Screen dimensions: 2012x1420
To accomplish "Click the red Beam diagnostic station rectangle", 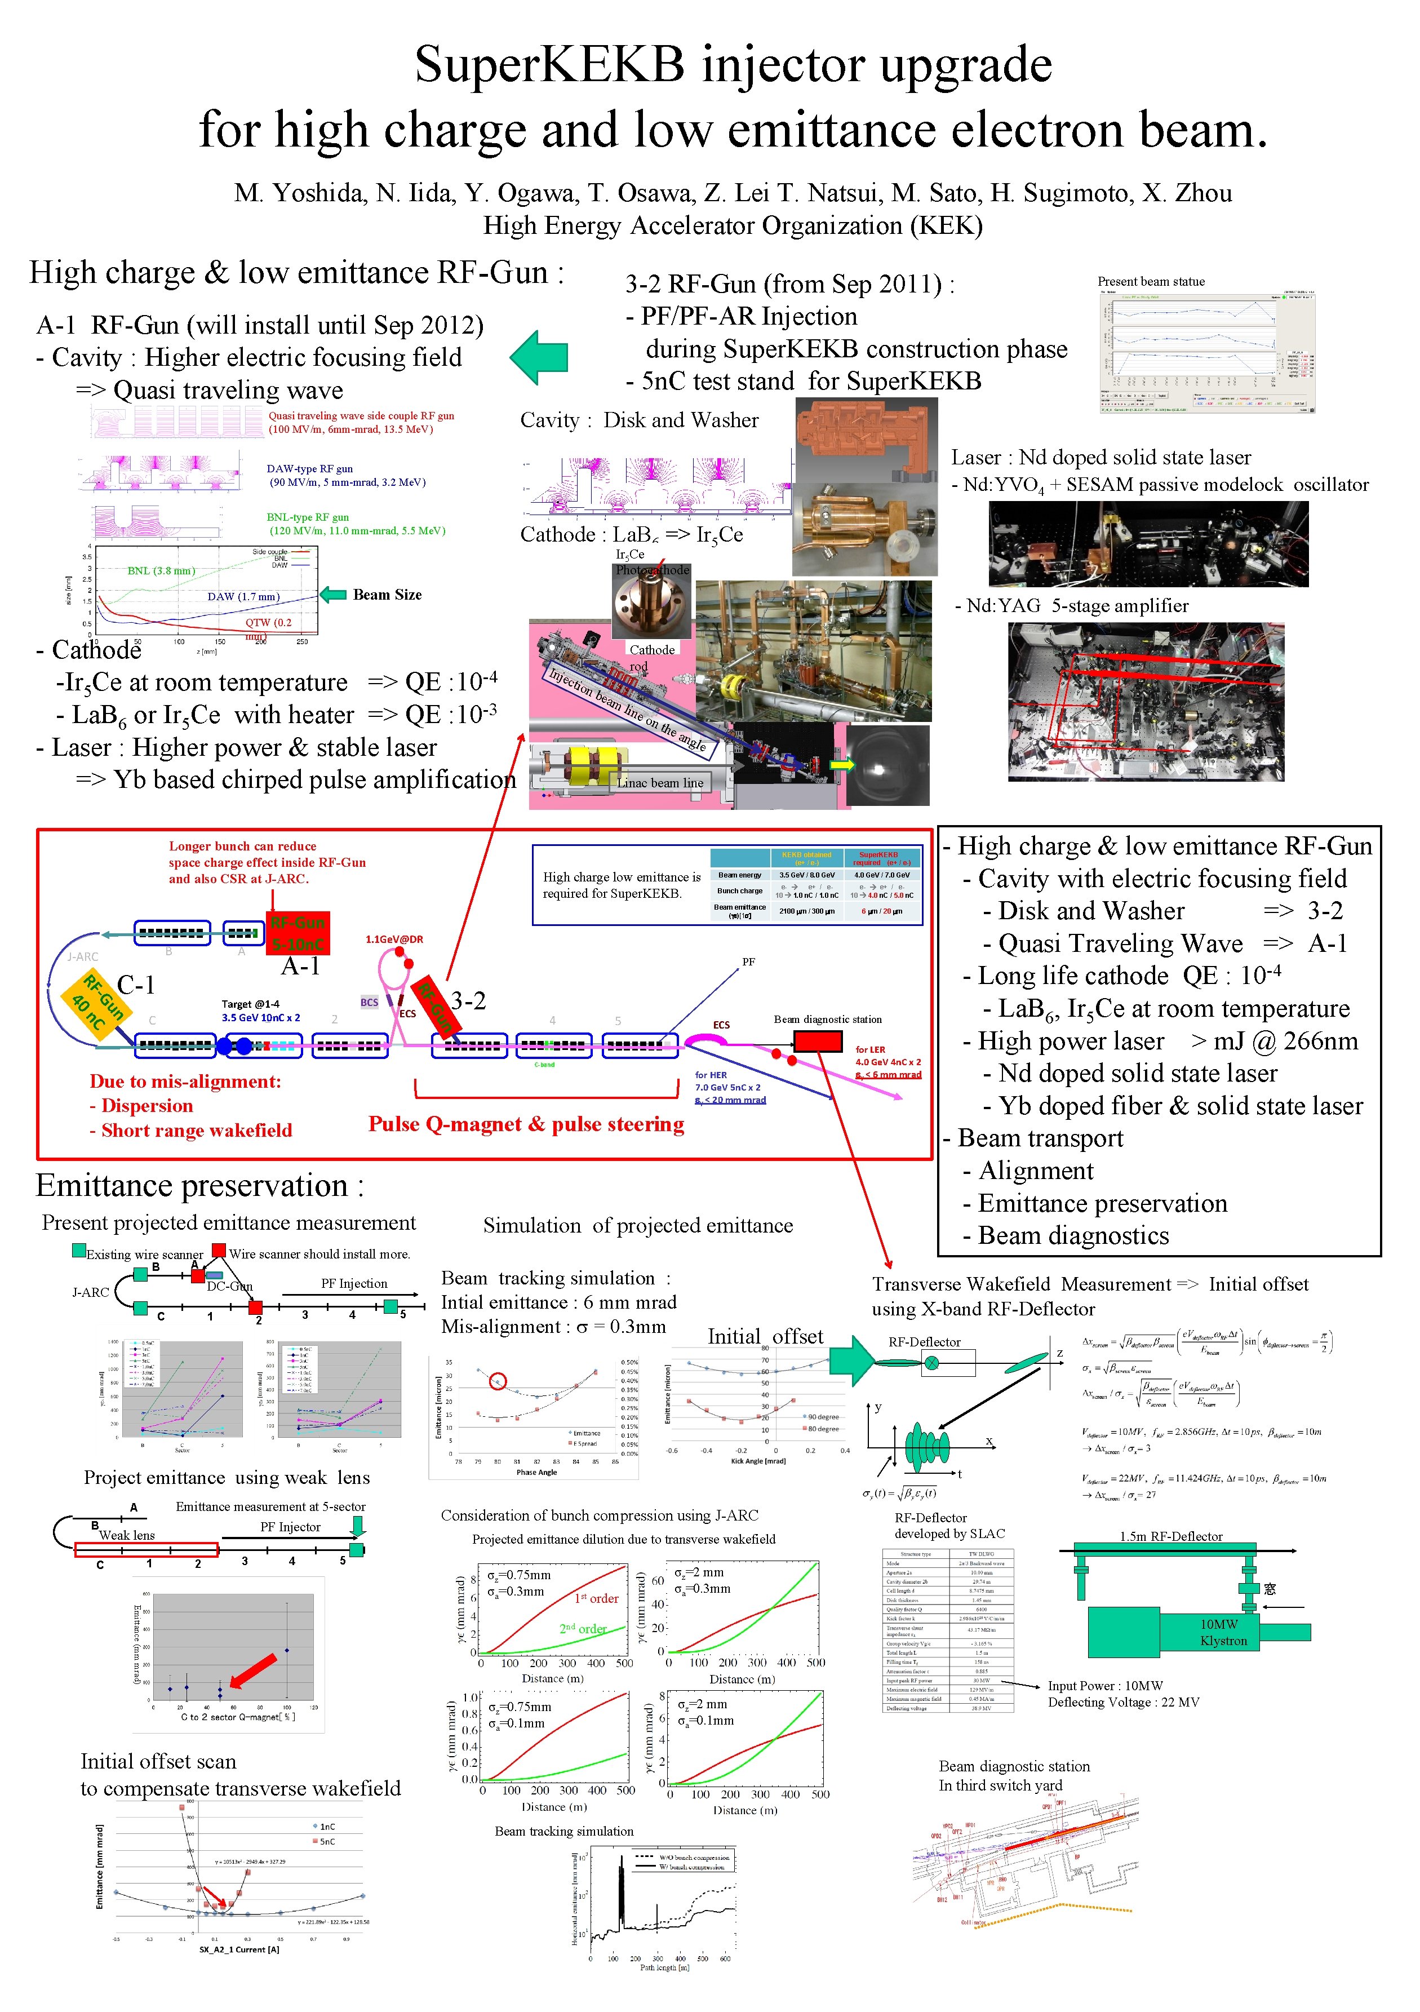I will click(817, 1040).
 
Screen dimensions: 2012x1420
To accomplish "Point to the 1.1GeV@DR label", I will click(394, 939).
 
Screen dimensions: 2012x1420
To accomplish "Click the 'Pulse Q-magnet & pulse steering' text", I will click(526, 1124).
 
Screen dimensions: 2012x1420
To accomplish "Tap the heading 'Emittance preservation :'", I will click(199, 1186).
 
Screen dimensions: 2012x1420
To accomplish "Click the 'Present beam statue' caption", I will click(1151, 281).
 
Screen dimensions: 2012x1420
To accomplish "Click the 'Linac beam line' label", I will click(660, 783).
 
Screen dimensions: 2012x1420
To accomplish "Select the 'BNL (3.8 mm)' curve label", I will click(161, 570).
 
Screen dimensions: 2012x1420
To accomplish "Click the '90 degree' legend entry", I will click(821, 1416).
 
